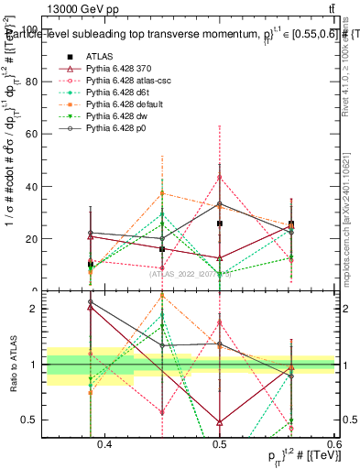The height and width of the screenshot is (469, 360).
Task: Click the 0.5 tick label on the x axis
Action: [x=220, y=445]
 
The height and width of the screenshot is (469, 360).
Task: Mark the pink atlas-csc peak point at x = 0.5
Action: [x=220, y=177]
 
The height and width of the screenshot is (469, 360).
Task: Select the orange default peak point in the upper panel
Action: [x=162, y=193]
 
